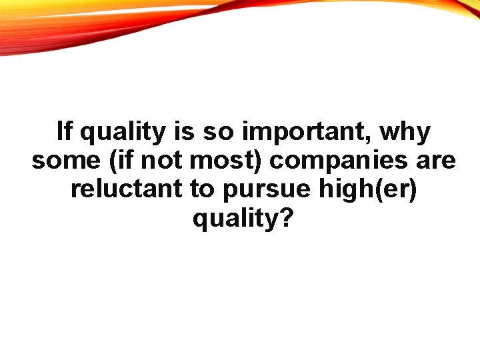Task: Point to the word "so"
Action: pyautogui.click(x=219, y=133)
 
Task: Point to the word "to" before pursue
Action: pyautogui.click(x=202, y=189)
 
